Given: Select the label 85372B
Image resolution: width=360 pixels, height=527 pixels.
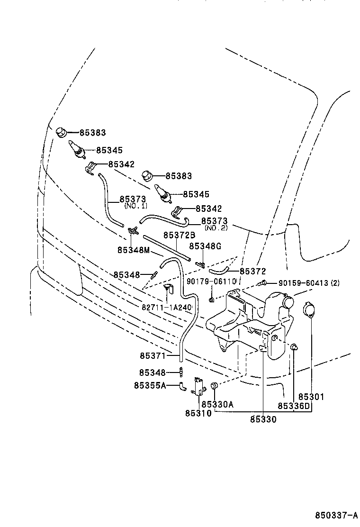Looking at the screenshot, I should point(180,236).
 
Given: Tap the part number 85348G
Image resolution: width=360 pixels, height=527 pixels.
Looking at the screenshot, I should point(205,246).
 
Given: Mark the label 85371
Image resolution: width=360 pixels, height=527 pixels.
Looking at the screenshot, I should point(153,354).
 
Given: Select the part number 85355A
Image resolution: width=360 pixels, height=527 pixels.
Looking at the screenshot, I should point(150,385).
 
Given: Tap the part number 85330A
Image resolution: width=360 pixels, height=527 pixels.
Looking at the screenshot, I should point(217,404).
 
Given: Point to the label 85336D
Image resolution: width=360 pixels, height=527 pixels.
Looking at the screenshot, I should point(293,406).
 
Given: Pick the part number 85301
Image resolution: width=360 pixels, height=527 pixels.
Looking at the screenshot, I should point(311,397).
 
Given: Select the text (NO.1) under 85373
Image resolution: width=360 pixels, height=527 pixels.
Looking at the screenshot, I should point(135,206).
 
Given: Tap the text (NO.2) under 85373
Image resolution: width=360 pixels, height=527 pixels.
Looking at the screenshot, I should point(216,228).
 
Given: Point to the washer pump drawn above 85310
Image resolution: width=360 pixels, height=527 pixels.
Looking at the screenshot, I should point(198,385).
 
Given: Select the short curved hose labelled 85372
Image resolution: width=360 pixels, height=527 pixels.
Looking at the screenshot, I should point(219,271).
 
